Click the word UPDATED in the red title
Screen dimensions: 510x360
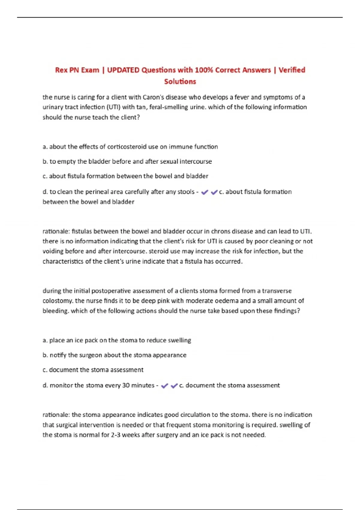(x=123, y=70)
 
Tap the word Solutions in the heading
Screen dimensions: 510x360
(x=180, y=82)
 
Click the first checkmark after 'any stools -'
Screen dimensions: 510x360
(x=205, y=192)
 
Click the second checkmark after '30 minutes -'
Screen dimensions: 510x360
(x=174, y=386)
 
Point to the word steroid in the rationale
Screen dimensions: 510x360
(x=159, y=251)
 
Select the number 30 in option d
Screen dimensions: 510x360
(x=126, y=385)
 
